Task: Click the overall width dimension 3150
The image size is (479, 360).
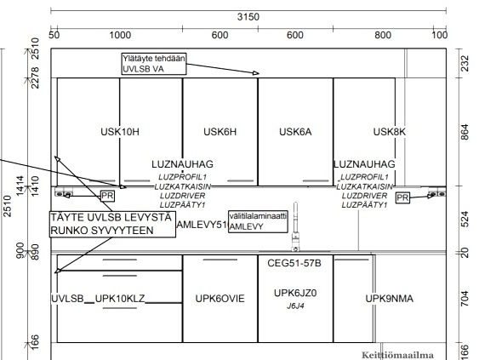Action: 248,17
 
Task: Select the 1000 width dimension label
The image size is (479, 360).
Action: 120,35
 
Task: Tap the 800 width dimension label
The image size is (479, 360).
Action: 383,35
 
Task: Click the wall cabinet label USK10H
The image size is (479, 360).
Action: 120,132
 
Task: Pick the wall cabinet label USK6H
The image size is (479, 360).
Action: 220,132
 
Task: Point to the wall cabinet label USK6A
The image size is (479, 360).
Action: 295,132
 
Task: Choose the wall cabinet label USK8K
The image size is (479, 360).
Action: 390,132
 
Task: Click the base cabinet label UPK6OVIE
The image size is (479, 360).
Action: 220,298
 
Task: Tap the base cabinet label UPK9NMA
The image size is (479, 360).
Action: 390,298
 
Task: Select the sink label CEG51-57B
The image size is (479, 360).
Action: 294,263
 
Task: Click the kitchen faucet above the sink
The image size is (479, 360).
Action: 295,226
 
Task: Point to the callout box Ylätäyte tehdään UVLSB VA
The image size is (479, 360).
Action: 154,64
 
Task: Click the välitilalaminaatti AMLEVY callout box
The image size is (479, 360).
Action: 258,221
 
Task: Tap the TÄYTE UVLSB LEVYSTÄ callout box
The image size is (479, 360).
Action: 112,224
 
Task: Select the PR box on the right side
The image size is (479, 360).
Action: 402,198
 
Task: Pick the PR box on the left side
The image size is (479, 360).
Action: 107,196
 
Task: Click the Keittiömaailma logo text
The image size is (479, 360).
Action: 397,355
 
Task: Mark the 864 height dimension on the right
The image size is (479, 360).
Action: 465,132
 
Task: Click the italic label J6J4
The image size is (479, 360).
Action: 295,306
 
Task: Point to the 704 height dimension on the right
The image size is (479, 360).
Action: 465,299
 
